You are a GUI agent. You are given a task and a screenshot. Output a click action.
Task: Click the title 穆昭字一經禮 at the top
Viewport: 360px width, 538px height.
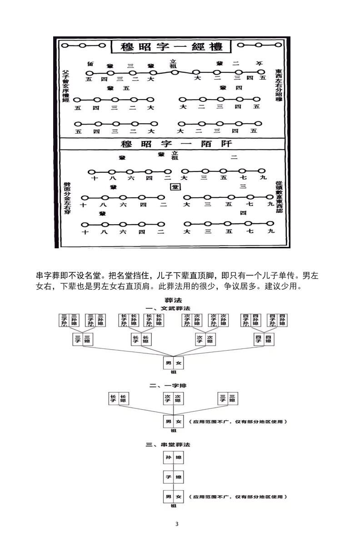click(171, 47)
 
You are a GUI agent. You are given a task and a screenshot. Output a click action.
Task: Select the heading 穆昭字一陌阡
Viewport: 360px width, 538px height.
click(176, 144)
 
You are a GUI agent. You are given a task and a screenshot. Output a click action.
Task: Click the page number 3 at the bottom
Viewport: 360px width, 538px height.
click(177, 524)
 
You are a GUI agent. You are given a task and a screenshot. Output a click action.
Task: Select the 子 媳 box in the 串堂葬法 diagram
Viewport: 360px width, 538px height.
click(174, 477)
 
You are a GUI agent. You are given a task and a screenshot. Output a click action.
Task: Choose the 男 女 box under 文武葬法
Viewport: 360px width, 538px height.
click(174, 363)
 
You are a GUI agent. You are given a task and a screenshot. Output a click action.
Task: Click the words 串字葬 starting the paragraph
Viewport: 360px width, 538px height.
click(46, 276)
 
